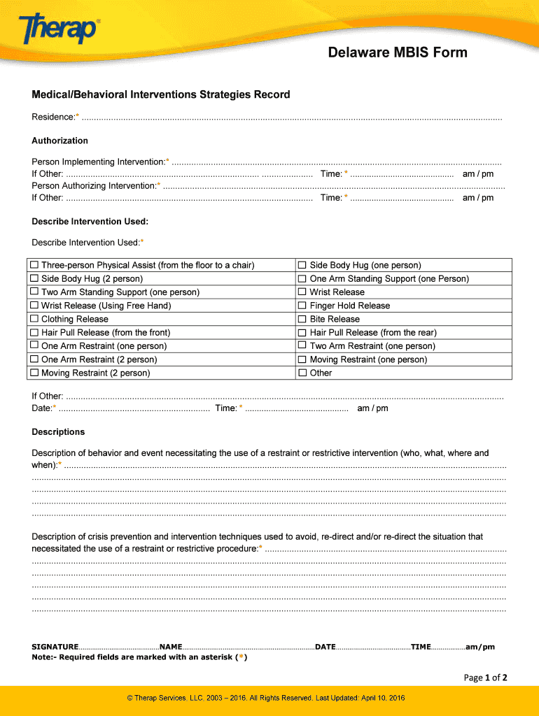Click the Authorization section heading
click(x=59, y=141)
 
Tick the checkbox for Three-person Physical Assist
click(x=35, y=265)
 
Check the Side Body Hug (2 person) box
click(x=35, y=278)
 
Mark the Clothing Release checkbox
click(x=35, y=319)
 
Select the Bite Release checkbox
click(x=303, y=319)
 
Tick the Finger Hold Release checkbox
click(x=303, y=306)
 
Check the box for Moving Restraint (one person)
click(x=303, y=359)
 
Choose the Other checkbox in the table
click(x=303, y=373)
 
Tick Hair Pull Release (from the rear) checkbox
click(x=303, y=332)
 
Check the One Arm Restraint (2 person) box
click(x=35, y=359)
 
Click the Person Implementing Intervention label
click(x=99, y=162)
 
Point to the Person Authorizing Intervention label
click(x=94, y=185)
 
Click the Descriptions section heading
click(x=58, y=431)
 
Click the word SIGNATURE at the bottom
click(x=55, y=647)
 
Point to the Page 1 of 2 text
click(x=485, y=678)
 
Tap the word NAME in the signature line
click(x=171, y=647)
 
